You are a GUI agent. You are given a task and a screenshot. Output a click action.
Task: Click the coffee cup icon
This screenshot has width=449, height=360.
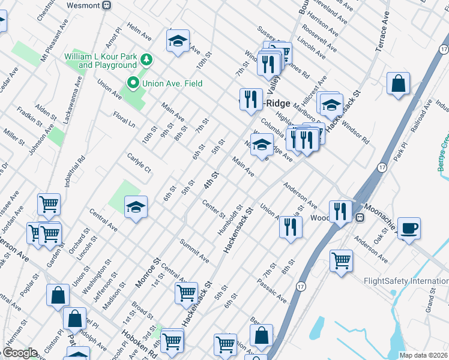(409, 229)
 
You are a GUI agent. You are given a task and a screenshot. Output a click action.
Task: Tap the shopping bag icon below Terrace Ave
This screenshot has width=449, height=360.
(398, 84)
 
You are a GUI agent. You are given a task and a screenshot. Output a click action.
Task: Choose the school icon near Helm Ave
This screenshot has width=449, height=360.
(178, 41)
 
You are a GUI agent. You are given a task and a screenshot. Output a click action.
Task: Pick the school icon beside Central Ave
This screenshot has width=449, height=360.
(136, 208)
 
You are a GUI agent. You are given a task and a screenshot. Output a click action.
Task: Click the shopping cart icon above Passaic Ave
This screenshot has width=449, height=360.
(342, 261)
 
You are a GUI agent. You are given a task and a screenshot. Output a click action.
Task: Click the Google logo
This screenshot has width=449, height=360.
(20, 353)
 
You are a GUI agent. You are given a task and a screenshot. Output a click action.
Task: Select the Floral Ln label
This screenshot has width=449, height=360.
(124, 118)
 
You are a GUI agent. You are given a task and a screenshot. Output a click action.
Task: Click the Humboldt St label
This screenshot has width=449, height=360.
(231, 220)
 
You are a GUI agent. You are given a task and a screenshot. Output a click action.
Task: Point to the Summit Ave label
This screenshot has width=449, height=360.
(194, 251)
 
